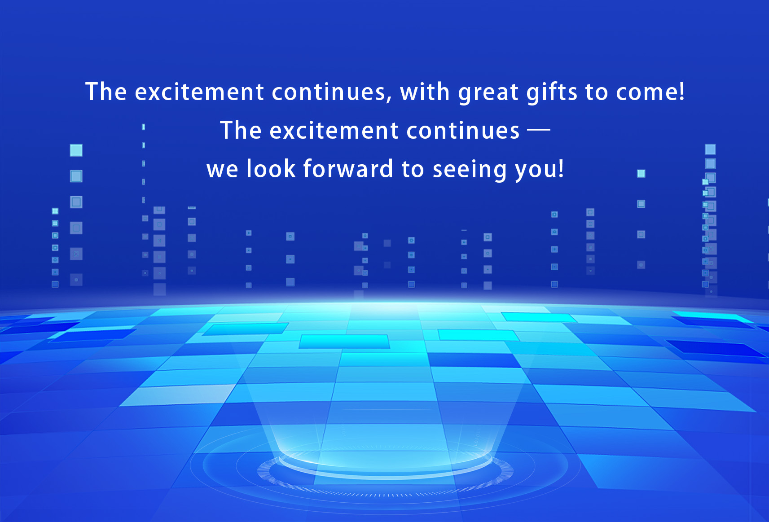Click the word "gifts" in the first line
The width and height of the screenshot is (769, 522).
(x=552, y=92)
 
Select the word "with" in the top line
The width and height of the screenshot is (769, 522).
(x=425, y=91)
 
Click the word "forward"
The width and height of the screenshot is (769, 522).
(x=348, y=168)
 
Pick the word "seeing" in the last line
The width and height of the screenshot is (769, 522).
(x=470, y=170)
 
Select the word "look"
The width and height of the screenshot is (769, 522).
(x=271, y=168)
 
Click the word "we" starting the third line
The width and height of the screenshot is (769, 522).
(x=223, y=170)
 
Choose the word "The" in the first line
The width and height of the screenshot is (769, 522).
(x=106, y=91)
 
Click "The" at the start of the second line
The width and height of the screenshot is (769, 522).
(x=241, y=130)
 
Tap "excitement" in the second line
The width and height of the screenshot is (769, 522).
(x=334, y=131)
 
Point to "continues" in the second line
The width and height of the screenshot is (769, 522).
(x=463, y=131)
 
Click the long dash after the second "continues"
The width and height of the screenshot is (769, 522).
(x=539, y=130)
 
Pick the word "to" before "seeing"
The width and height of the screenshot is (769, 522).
(x=413, y=169)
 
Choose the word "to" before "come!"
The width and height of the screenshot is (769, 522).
(x=597, y=92)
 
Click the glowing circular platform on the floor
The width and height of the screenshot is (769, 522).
(x=385, y=467)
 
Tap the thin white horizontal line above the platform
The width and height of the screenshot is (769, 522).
(x=387, y=409)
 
